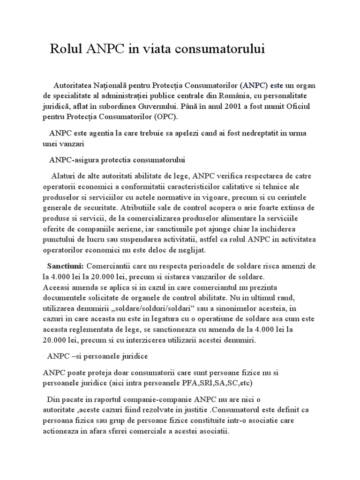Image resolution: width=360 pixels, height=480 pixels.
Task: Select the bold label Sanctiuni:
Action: [x=66, y=266]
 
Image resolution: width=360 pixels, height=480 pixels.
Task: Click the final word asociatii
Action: [x=213, y=430]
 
